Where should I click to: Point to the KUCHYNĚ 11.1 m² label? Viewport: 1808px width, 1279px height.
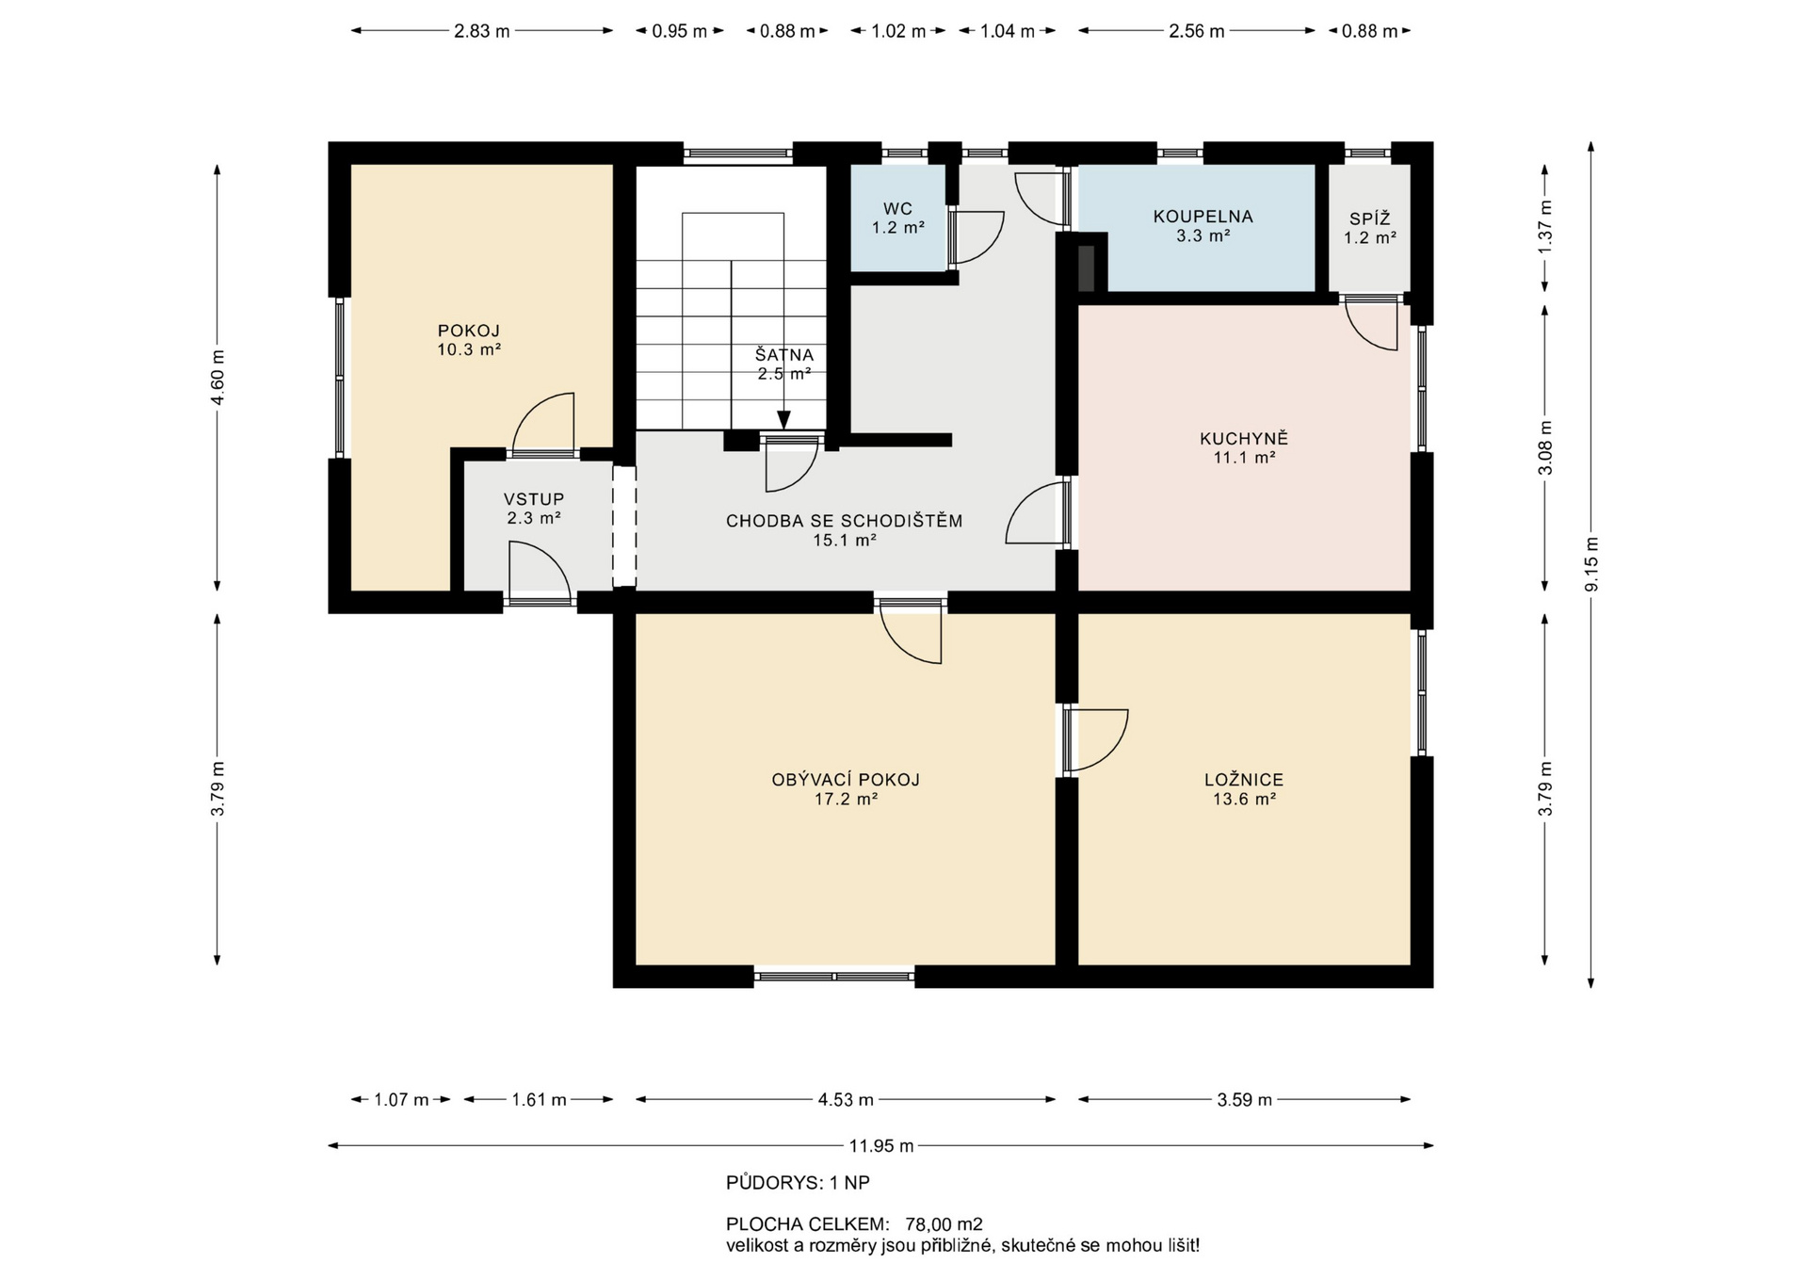(1244, 448)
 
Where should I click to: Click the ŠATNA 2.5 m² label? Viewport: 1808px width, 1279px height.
(784, 364)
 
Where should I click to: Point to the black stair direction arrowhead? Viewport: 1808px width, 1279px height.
(783, 420)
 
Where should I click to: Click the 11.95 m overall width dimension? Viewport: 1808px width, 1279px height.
(880, 1146)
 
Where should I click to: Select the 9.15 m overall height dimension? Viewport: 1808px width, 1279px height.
(1591, 564)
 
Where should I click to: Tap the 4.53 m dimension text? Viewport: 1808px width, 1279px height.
(846, 1099)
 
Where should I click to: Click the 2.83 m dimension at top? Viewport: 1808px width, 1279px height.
(481, 31)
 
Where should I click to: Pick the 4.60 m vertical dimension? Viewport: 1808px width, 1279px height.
(218, 378)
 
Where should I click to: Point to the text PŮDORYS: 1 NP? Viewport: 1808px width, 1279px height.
(798, 1183)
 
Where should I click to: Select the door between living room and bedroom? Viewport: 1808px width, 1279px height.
(1097, 740)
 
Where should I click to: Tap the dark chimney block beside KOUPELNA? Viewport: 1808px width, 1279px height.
(1086, 266)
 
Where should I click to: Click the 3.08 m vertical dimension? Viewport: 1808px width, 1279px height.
(1544, 446)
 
